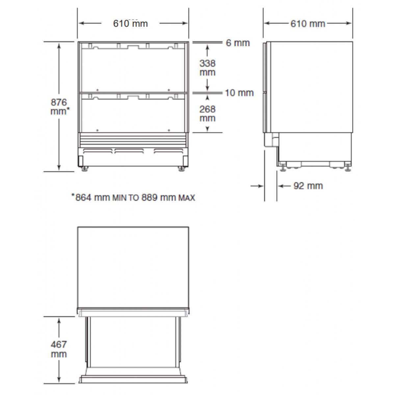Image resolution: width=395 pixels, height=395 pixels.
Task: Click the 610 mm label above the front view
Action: click(x=130, y=24)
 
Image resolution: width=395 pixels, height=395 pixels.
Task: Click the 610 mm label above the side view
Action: click(x=308, y=24)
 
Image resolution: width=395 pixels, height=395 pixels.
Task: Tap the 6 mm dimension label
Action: click(x=238, y=43)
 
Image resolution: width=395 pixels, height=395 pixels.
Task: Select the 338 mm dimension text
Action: click(x=207, y=68)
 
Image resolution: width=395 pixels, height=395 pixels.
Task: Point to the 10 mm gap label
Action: click(x=239, y=93)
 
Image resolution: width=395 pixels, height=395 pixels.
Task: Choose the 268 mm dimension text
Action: click(x=207, y=114)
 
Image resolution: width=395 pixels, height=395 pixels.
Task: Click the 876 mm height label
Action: click(x=60, y=107)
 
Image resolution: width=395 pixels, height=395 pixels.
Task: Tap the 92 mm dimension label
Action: click(x=308, y=186)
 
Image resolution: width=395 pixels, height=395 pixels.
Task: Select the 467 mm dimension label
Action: click(x=59, y=349)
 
